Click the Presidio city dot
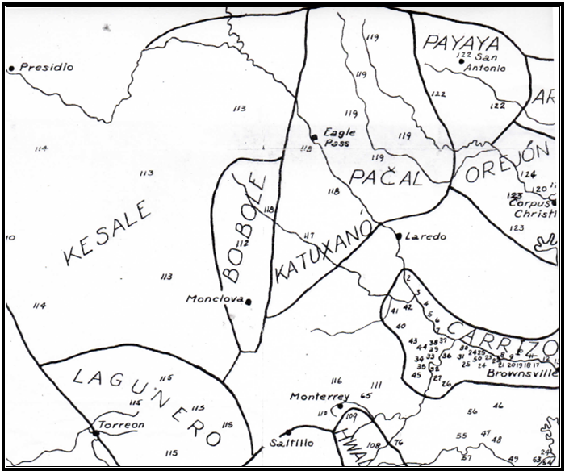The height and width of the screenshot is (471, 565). point(11,69)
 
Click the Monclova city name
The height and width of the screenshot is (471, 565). point(214,298)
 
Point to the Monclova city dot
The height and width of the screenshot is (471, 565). point(249,302)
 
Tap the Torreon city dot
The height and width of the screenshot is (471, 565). point(95,432)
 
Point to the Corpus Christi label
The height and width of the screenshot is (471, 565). point(533,209)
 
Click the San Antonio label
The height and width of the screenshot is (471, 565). point(483,62)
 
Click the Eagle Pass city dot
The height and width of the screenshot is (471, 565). point(314,138)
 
